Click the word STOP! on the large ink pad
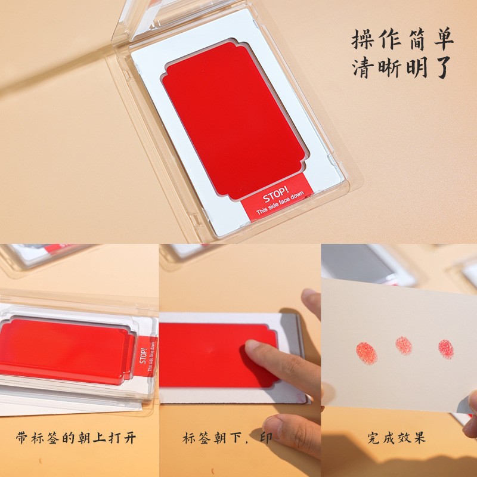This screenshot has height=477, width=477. tap(275, 199)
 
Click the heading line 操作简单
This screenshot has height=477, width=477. tap(402, 40)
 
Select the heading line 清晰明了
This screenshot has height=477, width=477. tap(402, 69)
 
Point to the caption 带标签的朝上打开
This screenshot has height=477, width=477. tap(76, 438)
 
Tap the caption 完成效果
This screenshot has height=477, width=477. tap(397, 438)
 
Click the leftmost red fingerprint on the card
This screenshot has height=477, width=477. tap(366, 352)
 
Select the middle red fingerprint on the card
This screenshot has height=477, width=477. tap(404, 345)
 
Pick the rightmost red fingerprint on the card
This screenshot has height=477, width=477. tap(445, 348)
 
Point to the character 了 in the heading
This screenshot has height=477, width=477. tap(442, 69)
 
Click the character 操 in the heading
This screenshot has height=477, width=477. tap(363, 40)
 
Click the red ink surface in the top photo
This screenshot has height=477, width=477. tap(233, 119)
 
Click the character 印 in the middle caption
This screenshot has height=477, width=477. tap(267, 438)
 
